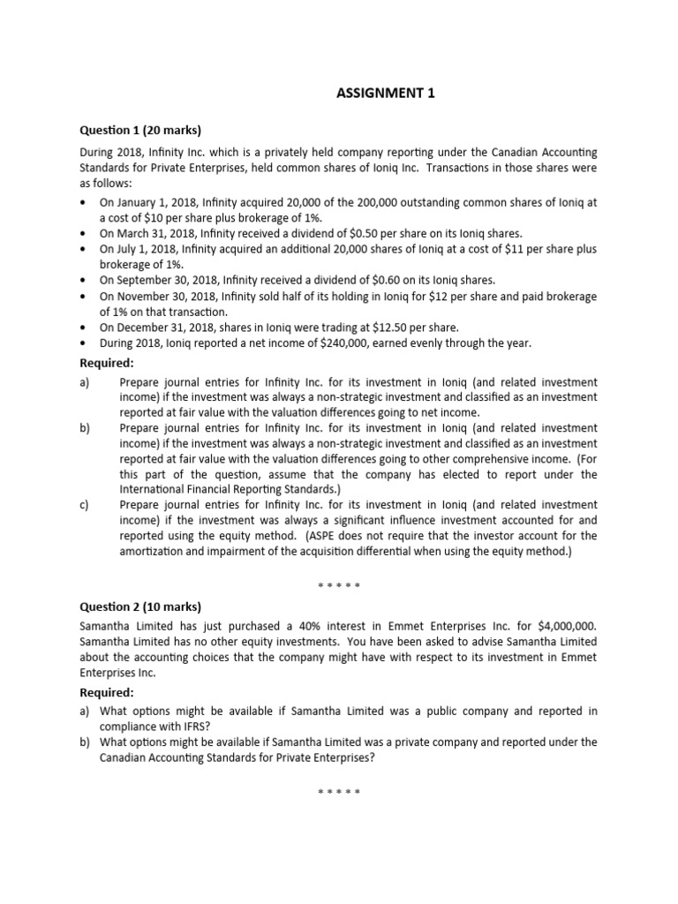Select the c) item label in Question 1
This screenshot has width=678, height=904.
86,504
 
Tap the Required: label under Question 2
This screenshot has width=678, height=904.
107,692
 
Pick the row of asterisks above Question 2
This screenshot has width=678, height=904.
339,584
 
